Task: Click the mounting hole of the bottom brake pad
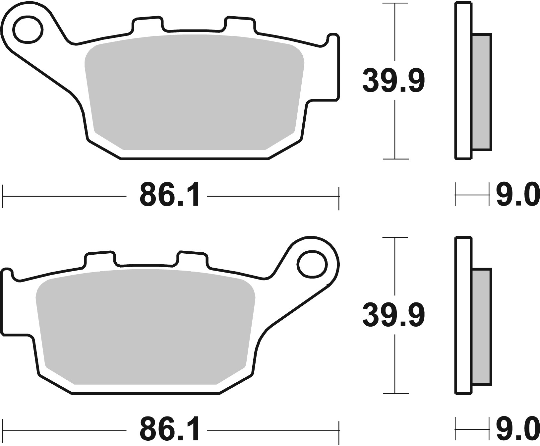[312, 264]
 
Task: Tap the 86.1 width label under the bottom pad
[170, 430]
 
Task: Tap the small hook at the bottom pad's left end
[8, 274]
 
